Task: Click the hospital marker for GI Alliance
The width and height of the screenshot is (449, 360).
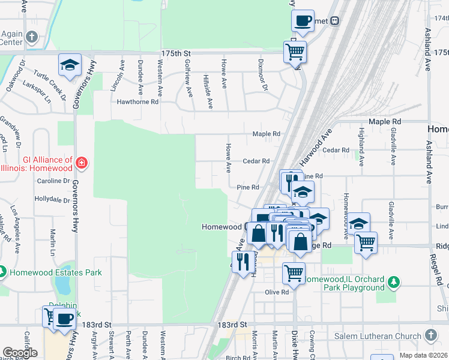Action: (82, 163)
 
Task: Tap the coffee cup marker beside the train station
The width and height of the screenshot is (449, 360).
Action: (303, 22)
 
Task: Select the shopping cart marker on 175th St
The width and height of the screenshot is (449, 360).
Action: (295, 53)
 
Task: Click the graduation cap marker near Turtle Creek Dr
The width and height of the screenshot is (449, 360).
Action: (70, 65)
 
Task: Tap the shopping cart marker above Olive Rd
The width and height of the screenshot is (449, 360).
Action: (294, 273)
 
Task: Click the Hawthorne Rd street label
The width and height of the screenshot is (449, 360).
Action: (137, 102)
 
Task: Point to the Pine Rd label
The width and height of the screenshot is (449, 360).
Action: (247, 187)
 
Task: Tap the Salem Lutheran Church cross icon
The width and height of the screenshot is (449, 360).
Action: (430, 334)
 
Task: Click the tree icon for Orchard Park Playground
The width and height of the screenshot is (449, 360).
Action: (394, 281)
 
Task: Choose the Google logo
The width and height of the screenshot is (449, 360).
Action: (20, 352)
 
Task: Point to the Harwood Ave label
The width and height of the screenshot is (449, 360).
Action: (316, 148)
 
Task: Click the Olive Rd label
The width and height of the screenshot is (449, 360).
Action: (277, 292)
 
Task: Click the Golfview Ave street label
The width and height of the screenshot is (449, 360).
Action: (188, 83)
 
